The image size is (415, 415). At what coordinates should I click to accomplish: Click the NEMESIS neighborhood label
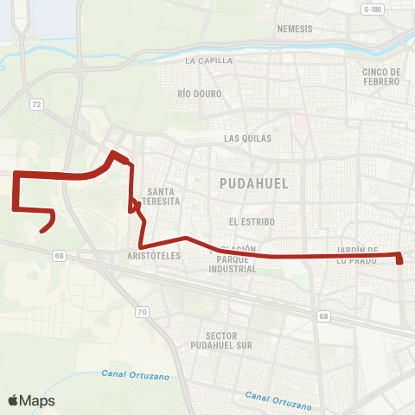295,29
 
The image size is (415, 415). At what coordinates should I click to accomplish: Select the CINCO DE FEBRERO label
381,76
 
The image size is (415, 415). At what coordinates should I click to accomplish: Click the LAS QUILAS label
247,137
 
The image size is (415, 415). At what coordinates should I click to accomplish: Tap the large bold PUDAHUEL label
253,183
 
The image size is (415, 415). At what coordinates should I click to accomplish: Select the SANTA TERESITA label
163,195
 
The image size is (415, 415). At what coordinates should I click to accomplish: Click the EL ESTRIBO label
252,221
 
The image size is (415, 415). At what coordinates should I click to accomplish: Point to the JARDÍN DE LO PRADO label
354,254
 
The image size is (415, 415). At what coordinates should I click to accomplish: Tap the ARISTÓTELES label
154,256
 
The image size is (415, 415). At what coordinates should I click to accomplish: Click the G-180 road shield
373,9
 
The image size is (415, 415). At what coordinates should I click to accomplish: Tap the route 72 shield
35,104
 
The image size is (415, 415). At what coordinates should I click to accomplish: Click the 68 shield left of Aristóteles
59,255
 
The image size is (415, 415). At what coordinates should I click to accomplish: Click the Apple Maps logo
31,400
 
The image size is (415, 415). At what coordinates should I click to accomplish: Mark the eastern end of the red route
400,260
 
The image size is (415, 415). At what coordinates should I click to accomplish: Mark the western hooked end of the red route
41,230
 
